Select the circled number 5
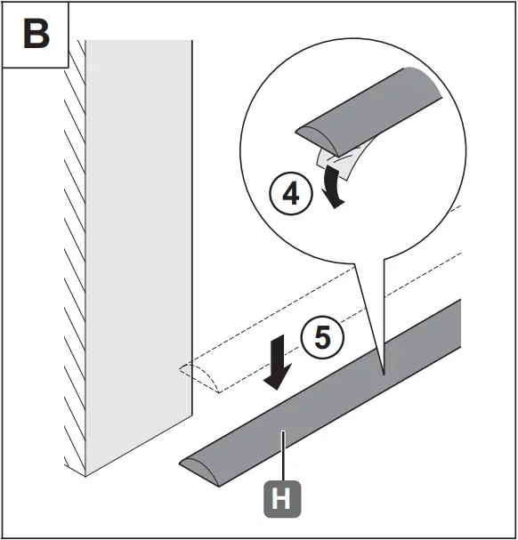[322, 338]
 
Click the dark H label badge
[280, 499]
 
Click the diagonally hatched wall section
[73, 258]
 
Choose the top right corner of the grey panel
[190, 42]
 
